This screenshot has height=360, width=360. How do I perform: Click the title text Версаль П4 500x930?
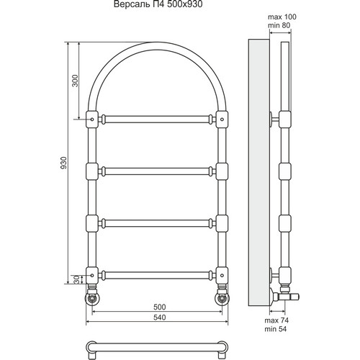(x=158, y=4)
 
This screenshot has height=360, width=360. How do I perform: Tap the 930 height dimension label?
(x=63, y=163)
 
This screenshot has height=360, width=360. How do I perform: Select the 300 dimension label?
(x=75, y=81)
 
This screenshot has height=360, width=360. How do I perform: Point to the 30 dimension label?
(x=76, y=279)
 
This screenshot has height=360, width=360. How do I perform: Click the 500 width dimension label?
(x=160, y=307)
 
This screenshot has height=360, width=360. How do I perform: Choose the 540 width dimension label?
(x=160, y=318)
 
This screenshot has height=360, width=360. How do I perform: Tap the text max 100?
(x=282, y=17)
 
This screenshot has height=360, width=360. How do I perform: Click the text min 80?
(x=279, y=25)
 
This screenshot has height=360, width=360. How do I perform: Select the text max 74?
(x=276, y=320)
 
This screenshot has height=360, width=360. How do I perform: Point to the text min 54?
(x=276, y=329)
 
